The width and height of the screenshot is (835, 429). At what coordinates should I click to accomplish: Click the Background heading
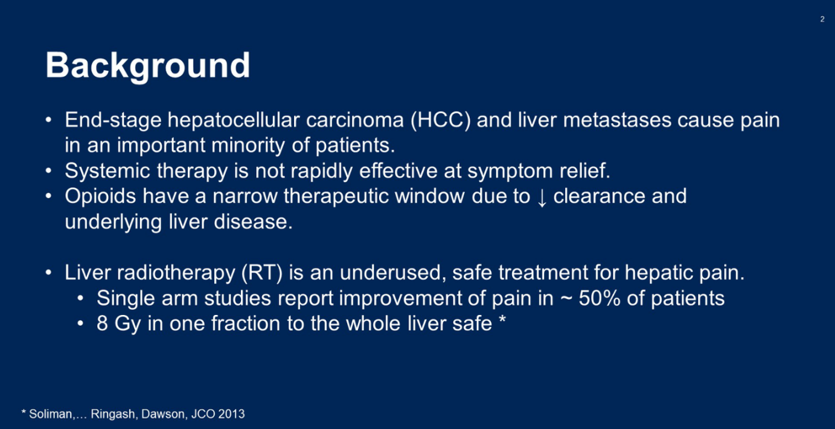[147, 66]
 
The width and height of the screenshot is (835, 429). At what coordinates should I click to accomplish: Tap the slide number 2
[822, 19]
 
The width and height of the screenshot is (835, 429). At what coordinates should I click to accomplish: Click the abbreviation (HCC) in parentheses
[441, 120]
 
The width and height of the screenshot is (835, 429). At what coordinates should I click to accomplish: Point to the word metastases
[617, 120]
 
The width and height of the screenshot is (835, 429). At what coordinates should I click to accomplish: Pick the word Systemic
[107, 171]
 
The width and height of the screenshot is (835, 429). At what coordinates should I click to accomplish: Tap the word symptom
[510, 171]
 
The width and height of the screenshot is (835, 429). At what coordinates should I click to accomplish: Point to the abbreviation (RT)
[262, 273]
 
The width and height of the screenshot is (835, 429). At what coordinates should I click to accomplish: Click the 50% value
[600, 298]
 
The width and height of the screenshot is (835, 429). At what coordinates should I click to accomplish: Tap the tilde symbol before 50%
[566, 299]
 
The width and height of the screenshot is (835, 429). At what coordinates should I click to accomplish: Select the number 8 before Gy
[102, 323]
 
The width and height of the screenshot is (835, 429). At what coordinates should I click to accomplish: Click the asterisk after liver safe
[502, 319]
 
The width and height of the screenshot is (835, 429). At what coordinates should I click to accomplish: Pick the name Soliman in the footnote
[51, 414]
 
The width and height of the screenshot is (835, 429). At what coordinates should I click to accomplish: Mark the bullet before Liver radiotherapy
[48, 273]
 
